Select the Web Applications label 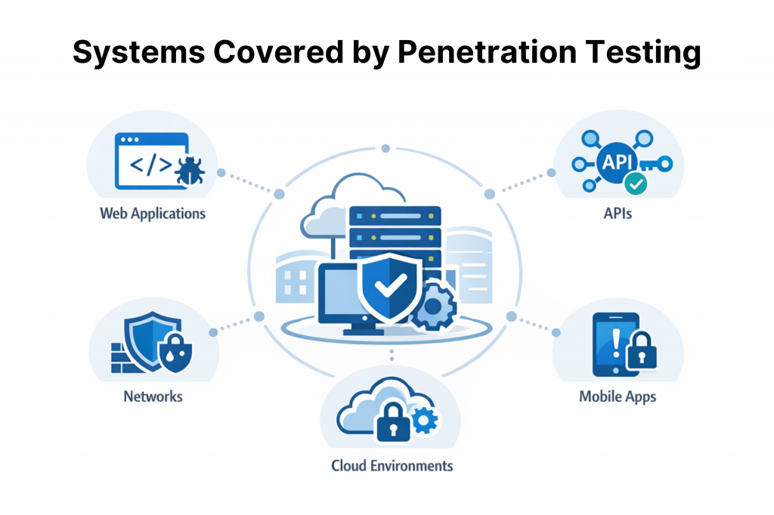coord(153,213)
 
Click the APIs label coord(618,213)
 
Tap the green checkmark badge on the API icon coord(636,182)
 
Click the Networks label coord(153,395)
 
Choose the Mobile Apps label coord(618,396)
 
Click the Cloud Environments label coord(392,464)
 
